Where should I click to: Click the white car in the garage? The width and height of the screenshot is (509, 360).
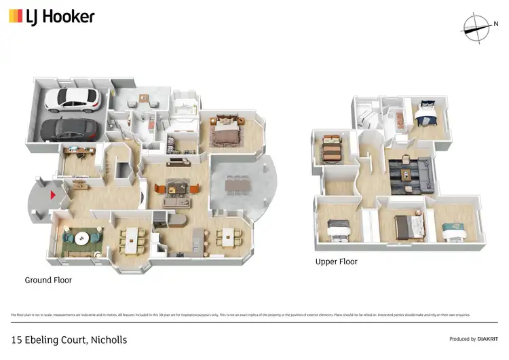coord(72,100)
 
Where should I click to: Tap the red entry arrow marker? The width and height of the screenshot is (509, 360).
coord(51,196)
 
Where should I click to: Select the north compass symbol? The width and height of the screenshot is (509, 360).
coord(477,25)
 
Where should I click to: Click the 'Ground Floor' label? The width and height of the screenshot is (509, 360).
coord(48,280)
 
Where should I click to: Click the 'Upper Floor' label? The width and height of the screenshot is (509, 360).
coord(336,262)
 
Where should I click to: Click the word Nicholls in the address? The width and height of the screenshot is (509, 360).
coord(107,340)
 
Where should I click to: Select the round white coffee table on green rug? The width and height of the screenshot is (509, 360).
coord(82,238)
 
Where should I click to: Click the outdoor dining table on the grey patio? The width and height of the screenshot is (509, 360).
coord(237,183)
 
